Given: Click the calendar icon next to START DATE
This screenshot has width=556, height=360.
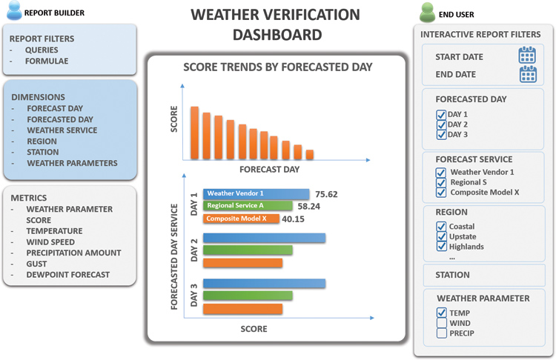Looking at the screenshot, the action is pos(527,55).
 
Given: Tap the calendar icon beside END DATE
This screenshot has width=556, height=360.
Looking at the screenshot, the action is pos(528,73).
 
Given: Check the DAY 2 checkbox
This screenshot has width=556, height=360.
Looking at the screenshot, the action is pos(441,124).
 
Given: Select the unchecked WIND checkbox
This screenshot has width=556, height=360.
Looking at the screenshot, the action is pos(442,323).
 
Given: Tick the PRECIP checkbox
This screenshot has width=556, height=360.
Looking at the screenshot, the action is pos(442,333).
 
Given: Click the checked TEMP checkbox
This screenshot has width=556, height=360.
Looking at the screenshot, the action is pos(442,313).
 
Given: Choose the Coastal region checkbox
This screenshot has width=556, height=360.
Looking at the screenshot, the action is pos(441,226).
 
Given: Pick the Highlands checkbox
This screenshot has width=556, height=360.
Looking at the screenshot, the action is pos(441,246).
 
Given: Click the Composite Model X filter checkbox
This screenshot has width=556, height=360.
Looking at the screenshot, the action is pos(441,193).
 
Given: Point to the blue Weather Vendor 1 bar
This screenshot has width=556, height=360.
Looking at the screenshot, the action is pos(256,194).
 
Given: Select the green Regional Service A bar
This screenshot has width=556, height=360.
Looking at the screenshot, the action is pos(248,206).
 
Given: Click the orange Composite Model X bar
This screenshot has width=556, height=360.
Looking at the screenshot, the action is pos(241,219).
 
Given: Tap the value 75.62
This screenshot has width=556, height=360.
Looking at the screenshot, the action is pos(326,194).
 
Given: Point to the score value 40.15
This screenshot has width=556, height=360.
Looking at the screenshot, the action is pos(293,219).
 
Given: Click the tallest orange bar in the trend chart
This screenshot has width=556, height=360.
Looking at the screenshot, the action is pos(194,133).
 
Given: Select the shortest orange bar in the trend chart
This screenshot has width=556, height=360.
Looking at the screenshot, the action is pos(310,155).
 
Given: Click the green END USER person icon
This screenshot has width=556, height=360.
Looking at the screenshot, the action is pos(427,13).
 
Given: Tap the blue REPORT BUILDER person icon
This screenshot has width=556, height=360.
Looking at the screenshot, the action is pos(15,10).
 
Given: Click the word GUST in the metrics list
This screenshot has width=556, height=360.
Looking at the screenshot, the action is pos(36,264).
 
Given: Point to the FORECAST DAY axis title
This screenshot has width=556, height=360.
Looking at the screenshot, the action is pos(270,170).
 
